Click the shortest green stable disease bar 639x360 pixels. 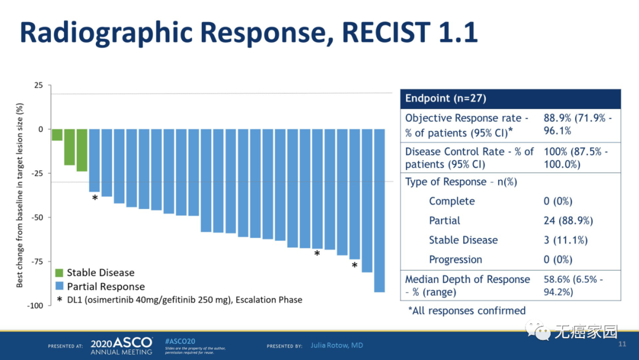click(57, 135)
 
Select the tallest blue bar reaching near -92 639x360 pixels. click(379, 210)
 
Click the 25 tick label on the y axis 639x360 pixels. click(38, 85)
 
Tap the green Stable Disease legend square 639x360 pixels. click(59, 273)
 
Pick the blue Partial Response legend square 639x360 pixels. click(59, 287)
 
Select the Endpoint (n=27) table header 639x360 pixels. click(446, 99)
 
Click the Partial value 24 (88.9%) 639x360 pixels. click(568, 221)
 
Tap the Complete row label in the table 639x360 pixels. click(452, 201)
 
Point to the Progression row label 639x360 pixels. click(456, 260)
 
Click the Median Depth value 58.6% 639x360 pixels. click(557, 279)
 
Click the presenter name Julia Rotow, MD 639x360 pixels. click(337, 345)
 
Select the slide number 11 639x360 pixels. click(622, 345)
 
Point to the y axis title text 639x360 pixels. click(20, 195)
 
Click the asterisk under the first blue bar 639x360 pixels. click(95, 198)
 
